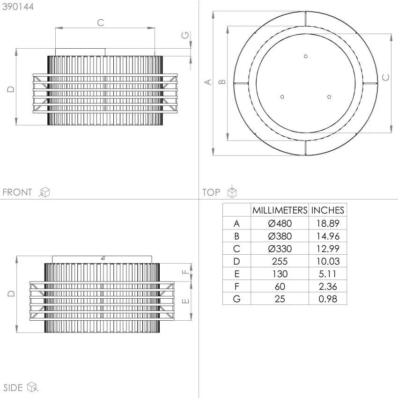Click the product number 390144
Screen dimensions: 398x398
[x=18, y=7]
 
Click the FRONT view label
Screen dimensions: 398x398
[x=17, y=192]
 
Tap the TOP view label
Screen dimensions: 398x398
[x=211, y=192]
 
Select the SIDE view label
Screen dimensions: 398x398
[x=13, y=388]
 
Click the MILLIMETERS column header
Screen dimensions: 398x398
[x=280, y=210]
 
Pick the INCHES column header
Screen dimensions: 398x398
[x=328, y=210]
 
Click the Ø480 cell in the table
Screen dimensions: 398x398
[x=280, y=223]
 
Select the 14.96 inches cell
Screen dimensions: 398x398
[x=328, y=236]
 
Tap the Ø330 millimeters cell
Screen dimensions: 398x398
[x=280, y=249]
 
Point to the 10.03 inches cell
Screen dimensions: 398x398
[x=328, y=261]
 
